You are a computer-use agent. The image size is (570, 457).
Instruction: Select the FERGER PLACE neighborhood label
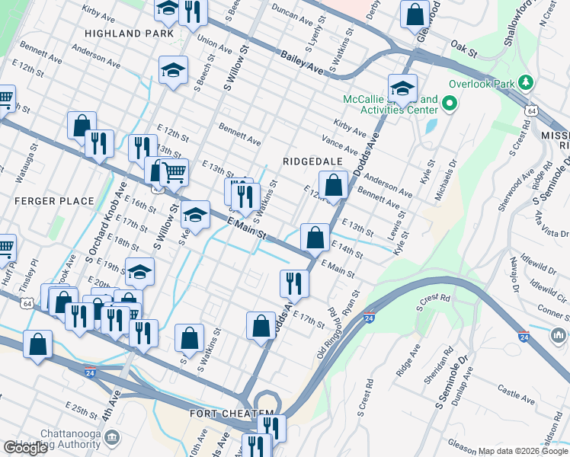coord(53,201)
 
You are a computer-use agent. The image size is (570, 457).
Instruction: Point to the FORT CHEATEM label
coord(232,413)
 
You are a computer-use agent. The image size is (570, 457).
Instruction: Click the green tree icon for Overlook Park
coord(524,81)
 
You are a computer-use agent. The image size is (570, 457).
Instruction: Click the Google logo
coord(25,448)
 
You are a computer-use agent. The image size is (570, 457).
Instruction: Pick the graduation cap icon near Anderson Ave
coord(174,70)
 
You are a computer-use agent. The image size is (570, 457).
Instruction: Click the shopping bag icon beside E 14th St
coord(315,237)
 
